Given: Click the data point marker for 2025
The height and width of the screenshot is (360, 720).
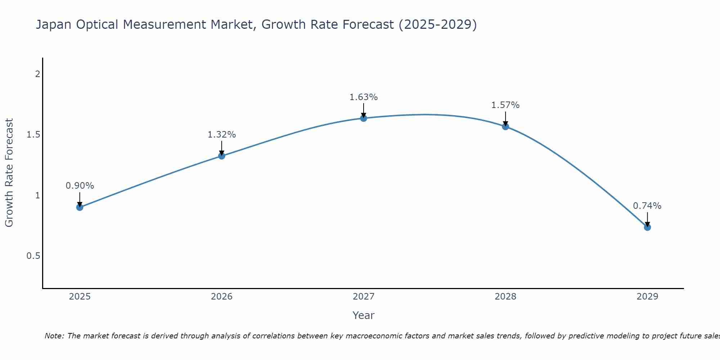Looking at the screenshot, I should click(x=80, y=207).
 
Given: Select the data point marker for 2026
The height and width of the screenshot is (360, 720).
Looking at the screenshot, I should click(x=222, y=156).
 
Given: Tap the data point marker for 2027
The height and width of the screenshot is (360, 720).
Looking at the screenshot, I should click(x=364, y=118).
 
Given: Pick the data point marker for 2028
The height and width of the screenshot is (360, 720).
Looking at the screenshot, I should click(x=505, y=126).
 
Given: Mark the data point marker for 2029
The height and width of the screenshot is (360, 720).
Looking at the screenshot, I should click(x=647, y=227).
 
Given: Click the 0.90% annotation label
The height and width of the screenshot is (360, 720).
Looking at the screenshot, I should click(x=80, y=186).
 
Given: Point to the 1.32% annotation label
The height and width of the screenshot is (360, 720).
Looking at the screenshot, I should click(x=222, y=135).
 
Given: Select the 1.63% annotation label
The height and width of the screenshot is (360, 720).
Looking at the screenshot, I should click(x=364, y=97).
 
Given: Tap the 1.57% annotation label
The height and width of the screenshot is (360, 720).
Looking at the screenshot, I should click(x=505, y=105).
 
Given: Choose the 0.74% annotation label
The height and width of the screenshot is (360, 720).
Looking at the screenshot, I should click(x=647, y=206).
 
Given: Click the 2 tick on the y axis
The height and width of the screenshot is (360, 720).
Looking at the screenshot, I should click(x=37, y=74).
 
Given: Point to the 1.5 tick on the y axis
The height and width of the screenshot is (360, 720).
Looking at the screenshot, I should click(x=33, y=135).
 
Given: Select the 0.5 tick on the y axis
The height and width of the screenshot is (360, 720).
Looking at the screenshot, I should click(x=33, y=256).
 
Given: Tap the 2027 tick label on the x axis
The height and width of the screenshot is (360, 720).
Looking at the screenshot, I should click(x=364, y=297).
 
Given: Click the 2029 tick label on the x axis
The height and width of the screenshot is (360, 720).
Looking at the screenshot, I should click(x=647, y=297).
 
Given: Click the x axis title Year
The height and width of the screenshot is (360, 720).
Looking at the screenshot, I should click(x=364, y=315).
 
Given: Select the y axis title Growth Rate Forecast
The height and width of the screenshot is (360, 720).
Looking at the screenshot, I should click(x=9, y=173).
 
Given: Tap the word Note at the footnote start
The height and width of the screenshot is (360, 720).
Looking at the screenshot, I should click(x=54, y=336).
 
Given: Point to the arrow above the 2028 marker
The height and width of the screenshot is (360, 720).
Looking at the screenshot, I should click(x=505, y=118).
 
